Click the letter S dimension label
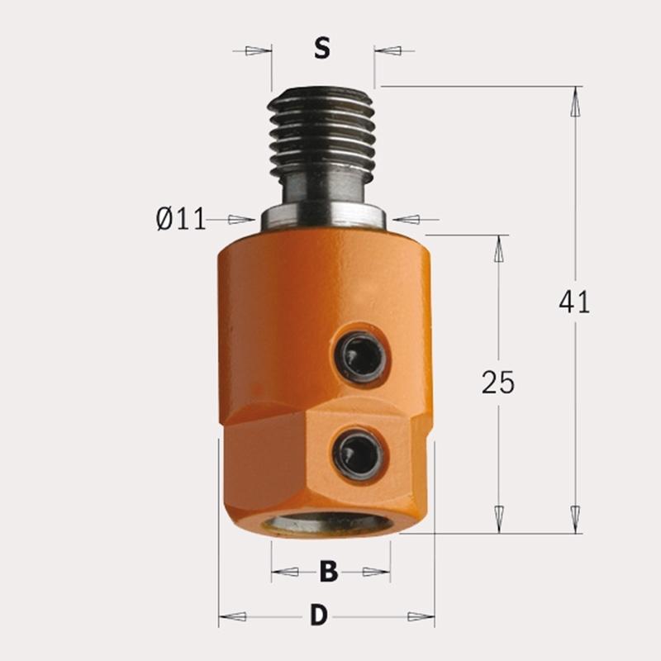tap(322, 48)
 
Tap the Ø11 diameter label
tap(181, 219)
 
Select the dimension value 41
tap(574, 302)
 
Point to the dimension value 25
tap(498, 383)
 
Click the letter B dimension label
tap(329, 571)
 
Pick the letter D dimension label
tap(319, 615)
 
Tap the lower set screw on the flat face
tap(358, 454)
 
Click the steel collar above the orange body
tap(323, 218)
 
